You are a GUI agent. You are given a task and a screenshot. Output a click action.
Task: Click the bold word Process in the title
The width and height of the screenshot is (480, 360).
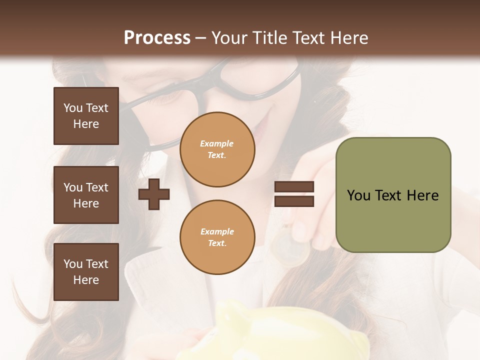coord(157,38)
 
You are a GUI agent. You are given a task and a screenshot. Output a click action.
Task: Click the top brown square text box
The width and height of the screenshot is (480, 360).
coord(86,116)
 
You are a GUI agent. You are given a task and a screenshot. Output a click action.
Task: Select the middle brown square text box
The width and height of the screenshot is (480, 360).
coord(86,195)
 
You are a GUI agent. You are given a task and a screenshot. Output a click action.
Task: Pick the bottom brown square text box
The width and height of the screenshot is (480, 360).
coord(86,272)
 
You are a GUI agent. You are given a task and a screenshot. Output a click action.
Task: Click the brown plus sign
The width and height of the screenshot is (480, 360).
coord(154,194)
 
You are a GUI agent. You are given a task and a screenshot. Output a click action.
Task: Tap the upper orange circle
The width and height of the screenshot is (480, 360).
coord(217,149)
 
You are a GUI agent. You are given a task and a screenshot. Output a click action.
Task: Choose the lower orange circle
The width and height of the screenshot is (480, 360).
coord(217,237)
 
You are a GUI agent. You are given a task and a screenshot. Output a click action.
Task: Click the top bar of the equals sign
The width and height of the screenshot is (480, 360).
coord(294,187)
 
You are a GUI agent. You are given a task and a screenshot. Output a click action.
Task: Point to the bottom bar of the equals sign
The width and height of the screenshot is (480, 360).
coord(294,201)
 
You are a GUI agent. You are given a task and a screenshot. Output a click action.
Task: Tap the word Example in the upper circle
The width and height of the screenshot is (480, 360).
coord(217,143)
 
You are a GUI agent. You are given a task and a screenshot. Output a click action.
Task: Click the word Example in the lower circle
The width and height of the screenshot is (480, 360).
coord(217,231)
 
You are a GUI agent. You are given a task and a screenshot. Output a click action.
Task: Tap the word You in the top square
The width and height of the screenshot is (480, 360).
coord(72,108)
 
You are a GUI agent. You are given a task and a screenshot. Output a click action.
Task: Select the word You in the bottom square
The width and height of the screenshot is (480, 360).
coord(72,264)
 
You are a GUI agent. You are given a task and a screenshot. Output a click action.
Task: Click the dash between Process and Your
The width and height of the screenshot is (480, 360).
coord(201,38)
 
